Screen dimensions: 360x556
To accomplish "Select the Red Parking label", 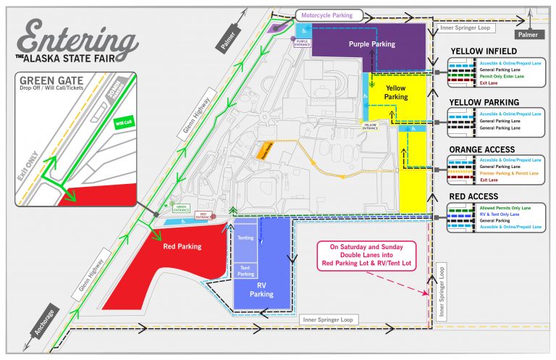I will tap(182, 247).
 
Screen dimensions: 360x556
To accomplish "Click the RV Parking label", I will tap(261, 290).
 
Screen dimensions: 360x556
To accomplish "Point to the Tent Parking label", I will tap(246, 270).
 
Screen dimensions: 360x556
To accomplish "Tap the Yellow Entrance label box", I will tap(369, 125).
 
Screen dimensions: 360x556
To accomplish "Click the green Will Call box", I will tap(124, 122).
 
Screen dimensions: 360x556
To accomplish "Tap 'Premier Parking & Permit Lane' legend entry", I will tap(510, 173).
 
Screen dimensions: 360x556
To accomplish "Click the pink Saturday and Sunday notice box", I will tap(366, 256).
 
